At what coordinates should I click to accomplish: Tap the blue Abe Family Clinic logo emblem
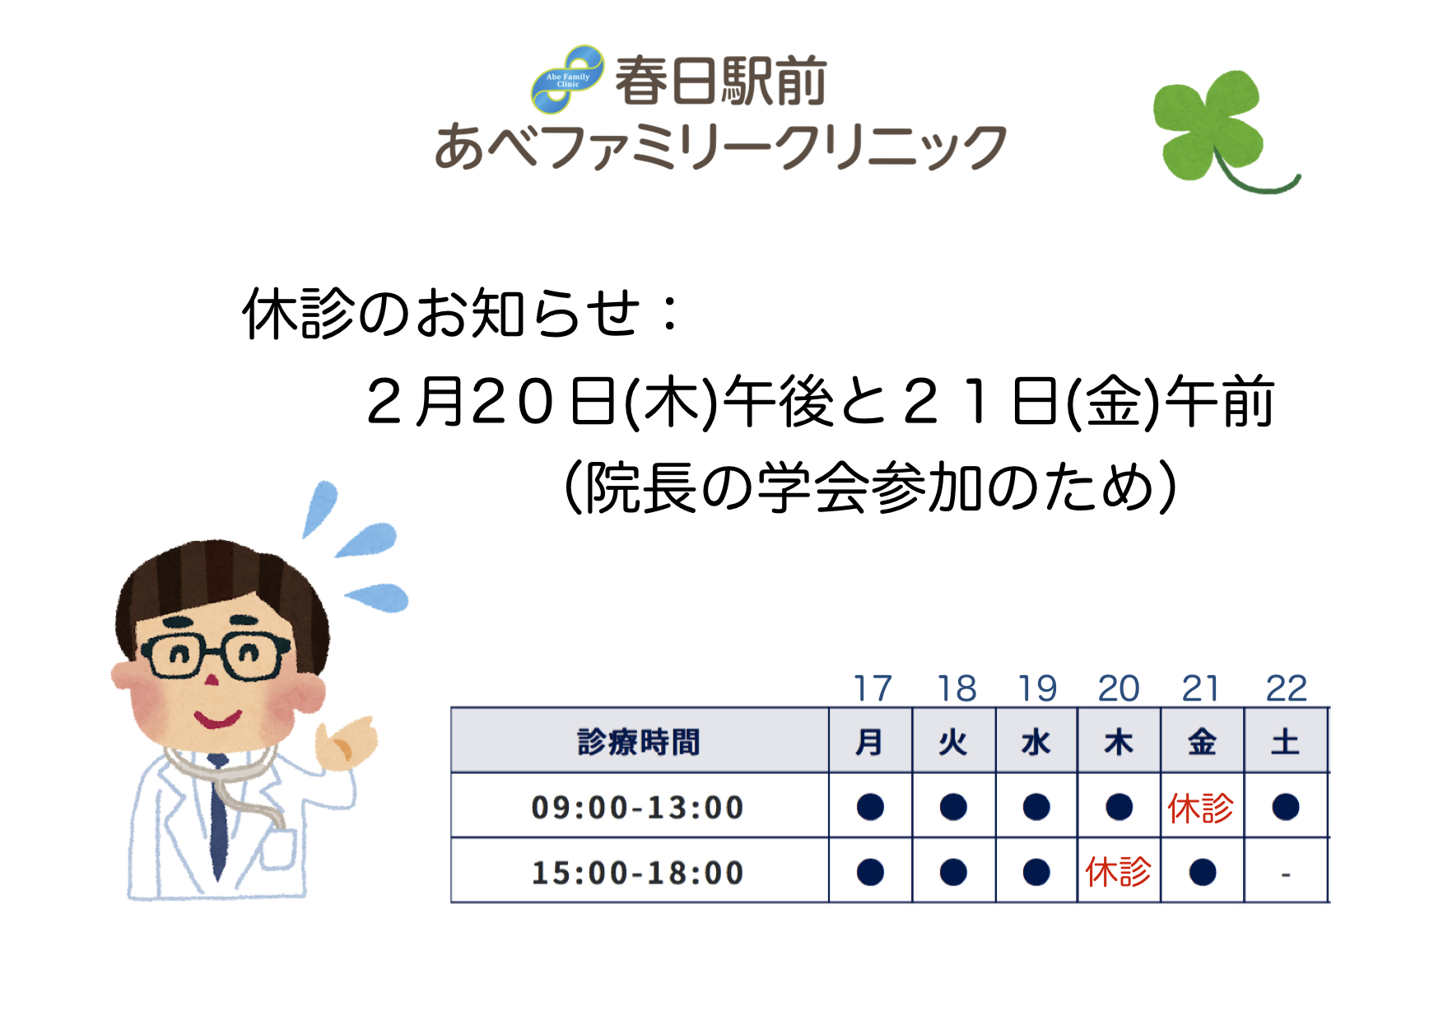pyautogui.click(x=568, y=79)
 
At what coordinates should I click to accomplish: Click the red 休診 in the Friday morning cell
pyautogui.click(x=1201, y=808)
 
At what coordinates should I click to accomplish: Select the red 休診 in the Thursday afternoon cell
pyautogui.click(x=1119, y=871)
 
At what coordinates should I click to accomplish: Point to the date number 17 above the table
pyautogui.click(x=873, y=688)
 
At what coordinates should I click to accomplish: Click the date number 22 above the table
pyautogui.click(x=1286, y=688)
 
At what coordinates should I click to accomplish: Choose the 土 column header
pyautogui.click(x=1285, y=742)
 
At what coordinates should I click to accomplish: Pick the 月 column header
pyautogui.click(x=869, y=742)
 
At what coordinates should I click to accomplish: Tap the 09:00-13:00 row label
pyautogui.click(x=638, y=808)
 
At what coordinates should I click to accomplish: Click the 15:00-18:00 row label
pyautogui.click(x=638, y=873)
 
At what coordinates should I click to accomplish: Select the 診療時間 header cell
pyautogui.click(x=639, y=742)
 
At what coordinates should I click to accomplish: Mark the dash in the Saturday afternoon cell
pyautogui.click(x=1286, y=874)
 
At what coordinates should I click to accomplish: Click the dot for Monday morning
pyautogui.click(x=870, y=807)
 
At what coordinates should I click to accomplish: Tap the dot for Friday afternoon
pyautogui.click(x=1203, y=872)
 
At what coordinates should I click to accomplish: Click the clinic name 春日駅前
pyautogui.click(x=720, y=81)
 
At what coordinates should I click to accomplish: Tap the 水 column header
pyautogui.click(x=1036, y=742)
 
